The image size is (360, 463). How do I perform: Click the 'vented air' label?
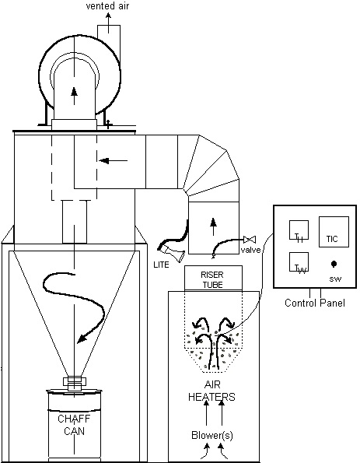(108, 6)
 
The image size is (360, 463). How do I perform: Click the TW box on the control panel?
(300, 265)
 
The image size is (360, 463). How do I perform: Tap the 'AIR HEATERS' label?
(206, 390)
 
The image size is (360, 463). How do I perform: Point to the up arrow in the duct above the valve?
(211, 223)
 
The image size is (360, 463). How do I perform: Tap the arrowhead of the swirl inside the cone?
(79, 338)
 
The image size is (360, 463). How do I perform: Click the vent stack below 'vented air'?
(108, 34)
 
